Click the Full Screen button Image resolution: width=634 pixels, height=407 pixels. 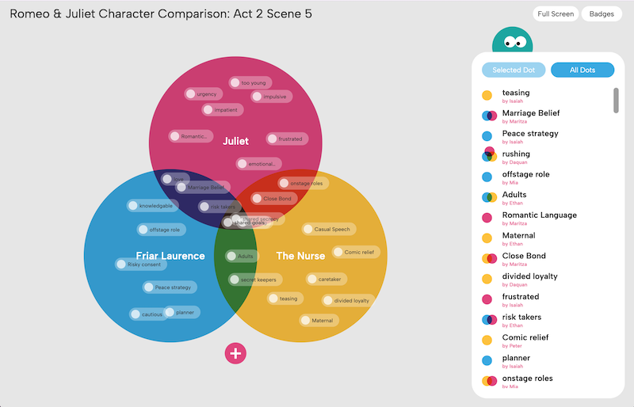(x=556, y=14)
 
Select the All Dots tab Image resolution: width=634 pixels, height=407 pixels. (x=582, y=70)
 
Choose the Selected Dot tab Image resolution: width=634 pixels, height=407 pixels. (x=514, y=70)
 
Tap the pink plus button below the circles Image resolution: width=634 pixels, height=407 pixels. (x=235, y=353)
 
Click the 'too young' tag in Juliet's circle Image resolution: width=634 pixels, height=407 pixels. (x=250, y=82)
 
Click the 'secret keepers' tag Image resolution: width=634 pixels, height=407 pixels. (x=255, y=280)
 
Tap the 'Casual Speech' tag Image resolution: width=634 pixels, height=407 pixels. (x=328, y=230)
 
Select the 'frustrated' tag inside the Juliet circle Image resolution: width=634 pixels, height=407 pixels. (x=286, y=139)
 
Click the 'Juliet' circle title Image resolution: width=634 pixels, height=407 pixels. (x=235, y=141)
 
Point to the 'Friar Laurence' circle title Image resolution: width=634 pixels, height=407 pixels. (x=170, y=256)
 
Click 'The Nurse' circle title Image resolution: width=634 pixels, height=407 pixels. (x=300, y=256)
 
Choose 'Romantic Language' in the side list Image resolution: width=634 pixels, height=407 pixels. (x=539, y=215)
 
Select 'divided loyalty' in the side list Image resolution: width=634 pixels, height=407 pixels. (x=529, y=276)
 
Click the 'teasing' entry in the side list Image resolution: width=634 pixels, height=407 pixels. (x=516, y=93)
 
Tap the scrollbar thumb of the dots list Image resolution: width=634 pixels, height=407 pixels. (x=616, y=100)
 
